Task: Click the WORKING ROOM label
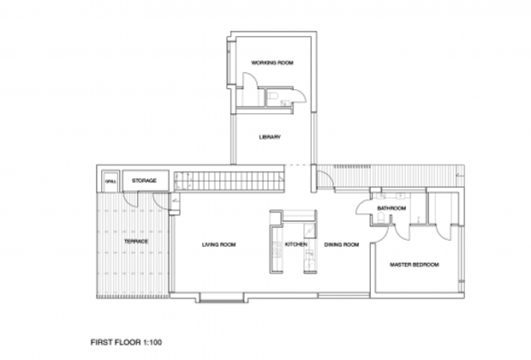coord(272,63)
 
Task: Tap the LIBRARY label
coord(270,137)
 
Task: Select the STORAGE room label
coord(144,181)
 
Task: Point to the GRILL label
coord(110,182)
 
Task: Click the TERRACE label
coord(136,242)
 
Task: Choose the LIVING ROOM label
coord(218,244)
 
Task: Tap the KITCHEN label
coord(296,244)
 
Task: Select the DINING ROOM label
coord(342,244)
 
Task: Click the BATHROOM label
coord(391,208)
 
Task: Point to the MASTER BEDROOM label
coord(415,265)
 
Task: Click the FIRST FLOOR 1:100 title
coord(126,342)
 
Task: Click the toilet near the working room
coord(272,96)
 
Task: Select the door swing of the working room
coord(251,80)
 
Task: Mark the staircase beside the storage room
coord(229,181)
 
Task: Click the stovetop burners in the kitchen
coord(277,249)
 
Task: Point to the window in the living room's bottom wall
coord(222,297)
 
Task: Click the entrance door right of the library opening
coord(325,179)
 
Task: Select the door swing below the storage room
coord(130,200)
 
